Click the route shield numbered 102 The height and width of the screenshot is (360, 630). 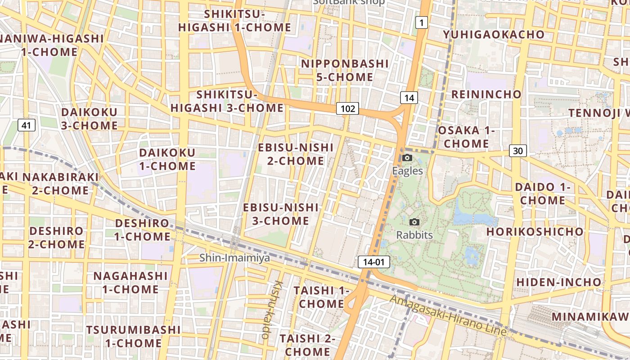347,108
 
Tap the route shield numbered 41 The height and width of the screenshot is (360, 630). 27,125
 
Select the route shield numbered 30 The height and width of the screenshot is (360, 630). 518,151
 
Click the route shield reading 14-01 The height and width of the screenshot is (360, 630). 373,262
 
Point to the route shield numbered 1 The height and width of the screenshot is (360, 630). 421,22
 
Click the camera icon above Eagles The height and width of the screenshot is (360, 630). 407,157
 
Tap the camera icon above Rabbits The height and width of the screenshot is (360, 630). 414,222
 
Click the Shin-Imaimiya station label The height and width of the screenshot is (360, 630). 234,258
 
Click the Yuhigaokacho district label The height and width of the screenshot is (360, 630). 493,35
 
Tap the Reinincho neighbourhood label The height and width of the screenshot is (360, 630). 486,94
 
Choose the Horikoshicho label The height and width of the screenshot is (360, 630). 535,232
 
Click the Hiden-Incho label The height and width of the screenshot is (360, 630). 558,282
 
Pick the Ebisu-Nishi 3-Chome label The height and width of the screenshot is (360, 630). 280,214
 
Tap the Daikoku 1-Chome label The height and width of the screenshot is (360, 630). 167,159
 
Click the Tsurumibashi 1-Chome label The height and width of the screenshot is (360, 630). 133,336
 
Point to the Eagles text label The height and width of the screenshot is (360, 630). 407,171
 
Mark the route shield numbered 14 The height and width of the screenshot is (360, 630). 409,98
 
